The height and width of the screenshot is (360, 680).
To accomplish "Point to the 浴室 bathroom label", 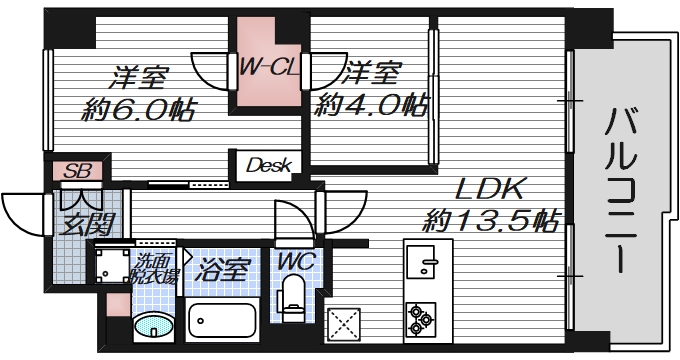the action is coord(222,268).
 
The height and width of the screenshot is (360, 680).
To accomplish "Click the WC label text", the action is coord(295,262).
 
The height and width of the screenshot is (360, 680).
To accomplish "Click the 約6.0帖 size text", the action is coord(138,109).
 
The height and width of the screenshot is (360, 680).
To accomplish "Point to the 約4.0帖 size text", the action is coord(372,105).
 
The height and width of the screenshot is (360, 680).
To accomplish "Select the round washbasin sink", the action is coord(152,328).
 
